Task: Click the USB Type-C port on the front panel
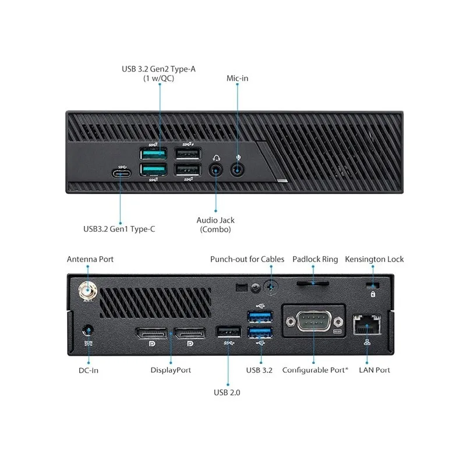(x=121, y=173)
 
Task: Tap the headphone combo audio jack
(x=216, y=171)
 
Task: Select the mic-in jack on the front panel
(x=237, y=170)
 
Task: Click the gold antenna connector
(x=88, y=291)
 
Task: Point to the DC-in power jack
(x=88, y=331)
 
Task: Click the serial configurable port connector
(x=314, y=321)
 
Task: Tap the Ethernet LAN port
(x=367, y=324)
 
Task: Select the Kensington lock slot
(x=373, y=285)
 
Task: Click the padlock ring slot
(x=313, y=284)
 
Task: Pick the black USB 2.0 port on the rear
(x=228, y=332)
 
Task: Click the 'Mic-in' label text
(x=237, y=78)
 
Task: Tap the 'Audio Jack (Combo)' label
(x=216, y=225)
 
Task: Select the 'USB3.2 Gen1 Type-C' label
(x=119, y=229)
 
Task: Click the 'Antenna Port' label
(x=90, y=259)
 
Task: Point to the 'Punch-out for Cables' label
(x=247, y=259)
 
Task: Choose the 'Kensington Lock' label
(x=374, y=259)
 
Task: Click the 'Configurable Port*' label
(x=315, y=370)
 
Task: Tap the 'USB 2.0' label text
(x=227, y=392)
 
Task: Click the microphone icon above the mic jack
(x=238, y=158)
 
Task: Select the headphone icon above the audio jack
(x=216, y=158)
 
